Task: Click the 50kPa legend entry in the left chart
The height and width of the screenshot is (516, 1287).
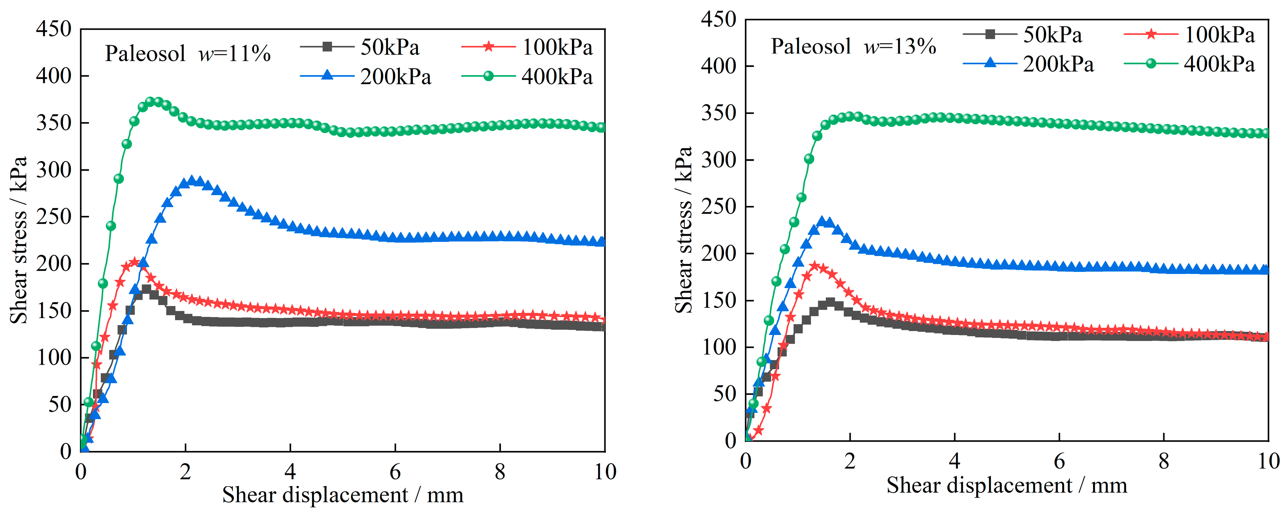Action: [x=390, y=47]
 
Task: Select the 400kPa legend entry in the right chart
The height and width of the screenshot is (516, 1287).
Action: [x=1219, y=65]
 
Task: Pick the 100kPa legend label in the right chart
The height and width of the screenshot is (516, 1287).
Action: [x=1219, y=35]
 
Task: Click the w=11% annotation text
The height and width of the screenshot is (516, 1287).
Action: [x=234, y=54]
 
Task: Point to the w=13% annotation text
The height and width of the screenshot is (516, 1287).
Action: [x=900, y=47]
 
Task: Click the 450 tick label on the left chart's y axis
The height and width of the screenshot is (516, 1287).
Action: [x=53, y=29]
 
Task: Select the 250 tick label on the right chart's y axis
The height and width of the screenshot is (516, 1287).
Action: [x=719, y=207]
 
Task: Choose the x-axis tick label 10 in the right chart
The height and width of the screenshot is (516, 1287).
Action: [x=1268, y=461]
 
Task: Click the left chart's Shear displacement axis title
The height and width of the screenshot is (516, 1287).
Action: [x=343, y=495]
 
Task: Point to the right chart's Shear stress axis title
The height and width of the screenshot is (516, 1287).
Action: [x=683, y=230]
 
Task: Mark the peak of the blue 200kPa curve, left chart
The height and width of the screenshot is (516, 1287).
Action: [x=192, y=181]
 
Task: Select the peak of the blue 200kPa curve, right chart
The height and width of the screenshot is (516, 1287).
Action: [x=822, y=221]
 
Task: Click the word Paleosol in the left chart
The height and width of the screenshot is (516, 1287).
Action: [x=145, y=54]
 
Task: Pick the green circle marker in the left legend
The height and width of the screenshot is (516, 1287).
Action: [x=488, y=76]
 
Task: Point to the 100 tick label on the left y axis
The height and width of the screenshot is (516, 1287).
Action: [x=53, y=357]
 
